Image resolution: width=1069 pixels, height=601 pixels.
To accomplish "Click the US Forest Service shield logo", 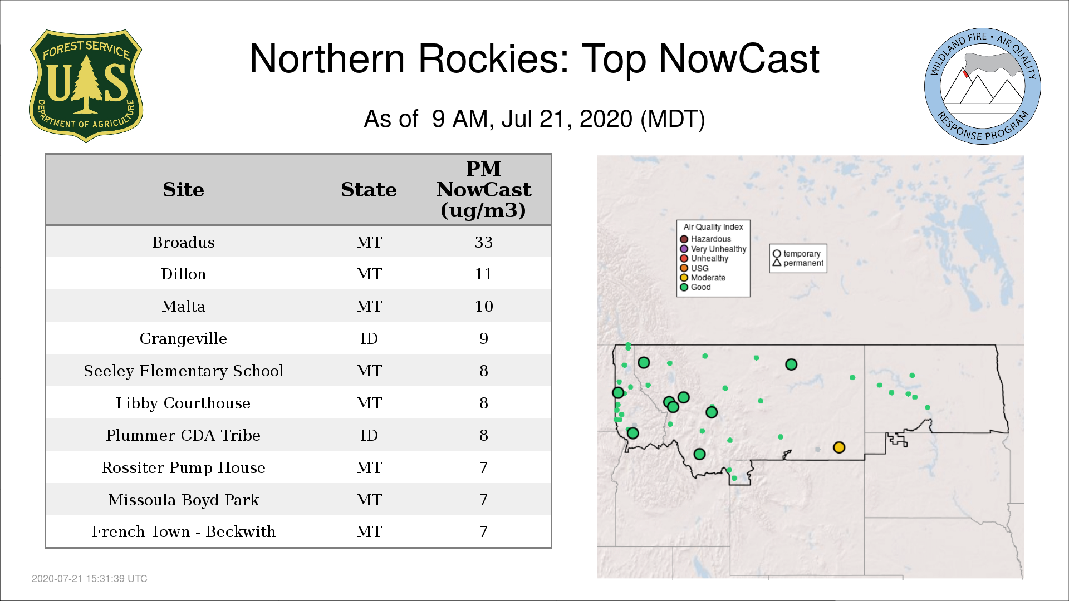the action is click(86, 86).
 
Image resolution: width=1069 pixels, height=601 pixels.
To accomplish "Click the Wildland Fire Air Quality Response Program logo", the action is click(983, 86).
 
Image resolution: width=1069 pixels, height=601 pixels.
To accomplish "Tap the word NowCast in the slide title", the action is click(739, 58).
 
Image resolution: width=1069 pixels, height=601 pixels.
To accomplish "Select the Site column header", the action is click(183, 190).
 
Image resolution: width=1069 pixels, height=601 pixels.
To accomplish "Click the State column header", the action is click(369, 190).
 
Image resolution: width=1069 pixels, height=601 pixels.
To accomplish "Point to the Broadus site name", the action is click(183, 242).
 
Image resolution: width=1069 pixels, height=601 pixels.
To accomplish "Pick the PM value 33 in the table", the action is click(483, 242).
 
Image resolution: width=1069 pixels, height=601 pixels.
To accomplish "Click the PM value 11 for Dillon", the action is click(483, 274).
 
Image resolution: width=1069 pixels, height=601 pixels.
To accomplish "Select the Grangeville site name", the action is click(183, 338).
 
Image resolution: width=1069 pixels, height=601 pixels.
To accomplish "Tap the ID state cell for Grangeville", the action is click(369, 338).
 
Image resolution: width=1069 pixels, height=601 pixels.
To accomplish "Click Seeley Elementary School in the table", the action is click(183, 371).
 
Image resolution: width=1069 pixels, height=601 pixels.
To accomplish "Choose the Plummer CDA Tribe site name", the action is click(183, 435).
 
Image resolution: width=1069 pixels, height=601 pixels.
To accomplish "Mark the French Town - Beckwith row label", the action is click(183, 531).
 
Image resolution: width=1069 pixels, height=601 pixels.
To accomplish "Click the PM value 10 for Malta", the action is click(483, 306).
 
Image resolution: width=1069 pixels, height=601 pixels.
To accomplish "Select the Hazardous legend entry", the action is click(705, 239).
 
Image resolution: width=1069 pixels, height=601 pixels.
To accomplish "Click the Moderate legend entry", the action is click(703, 278).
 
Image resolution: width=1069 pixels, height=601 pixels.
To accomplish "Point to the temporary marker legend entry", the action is click(797, 254).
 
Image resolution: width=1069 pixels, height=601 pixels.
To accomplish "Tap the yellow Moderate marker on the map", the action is click(839, 447).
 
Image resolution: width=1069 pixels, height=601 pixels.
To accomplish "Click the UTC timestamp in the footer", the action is click(90, 579).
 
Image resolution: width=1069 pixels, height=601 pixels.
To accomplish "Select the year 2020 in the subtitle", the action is click(606, 119).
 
